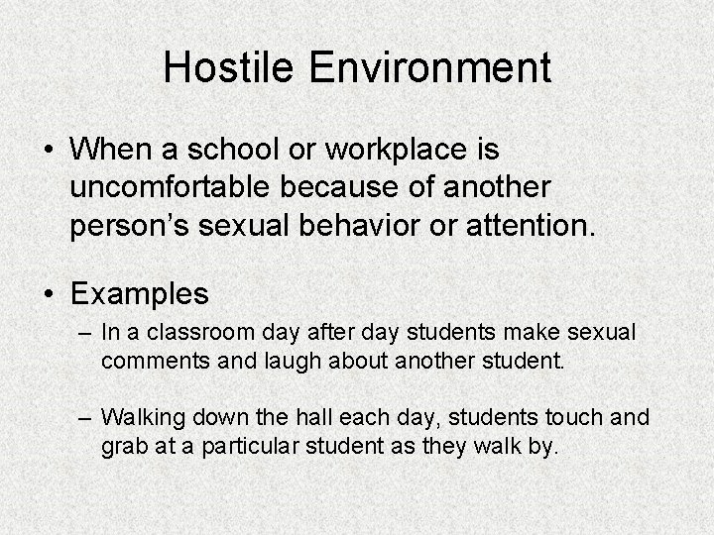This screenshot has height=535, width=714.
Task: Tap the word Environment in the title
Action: (431, 67)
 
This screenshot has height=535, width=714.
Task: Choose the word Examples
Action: (140, 294)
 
